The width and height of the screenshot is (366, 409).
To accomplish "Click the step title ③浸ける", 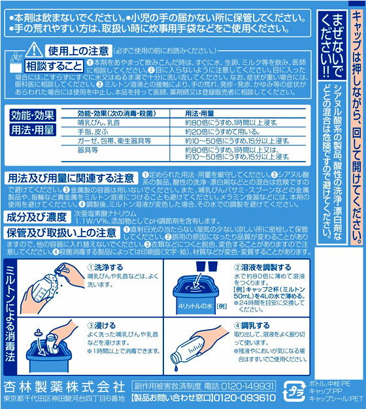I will (97, 326).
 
